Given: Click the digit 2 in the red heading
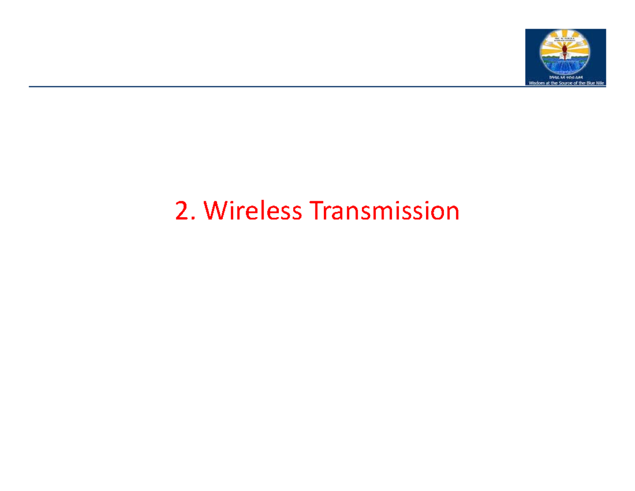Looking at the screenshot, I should click(x=182, y=212).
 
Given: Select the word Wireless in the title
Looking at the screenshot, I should click(x=253, y=212).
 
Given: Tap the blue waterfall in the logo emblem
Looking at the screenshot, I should click(x=565, y=67).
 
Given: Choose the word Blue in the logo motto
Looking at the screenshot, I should click(x=592, y=83).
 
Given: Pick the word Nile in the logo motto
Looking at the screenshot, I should click(x=602, y=83).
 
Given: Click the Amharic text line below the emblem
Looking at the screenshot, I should click(x=565, y=77).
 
